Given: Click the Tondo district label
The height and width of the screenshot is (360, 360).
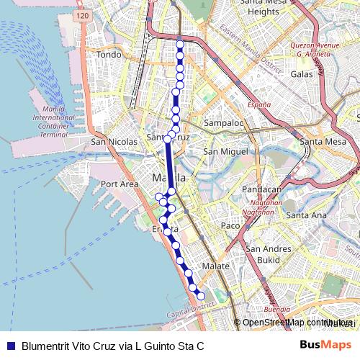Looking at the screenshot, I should (x=109, y=54).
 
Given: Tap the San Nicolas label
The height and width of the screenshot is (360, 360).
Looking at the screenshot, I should (x=114, y=143).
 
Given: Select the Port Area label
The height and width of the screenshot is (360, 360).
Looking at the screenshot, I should (x=119, y=184).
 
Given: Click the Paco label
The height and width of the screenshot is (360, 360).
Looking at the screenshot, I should (x=230, y=226).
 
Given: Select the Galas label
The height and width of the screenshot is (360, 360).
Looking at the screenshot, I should (x=300, y=73).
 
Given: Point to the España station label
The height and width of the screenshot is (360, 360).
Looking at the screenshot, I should (x=259, y=105).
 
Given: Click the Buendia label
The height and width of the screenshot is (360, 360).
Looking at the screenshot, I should (x=276, y=309).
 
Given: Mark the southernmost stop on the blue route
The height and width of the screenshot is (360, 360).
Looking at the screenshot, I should (x=201, y=296).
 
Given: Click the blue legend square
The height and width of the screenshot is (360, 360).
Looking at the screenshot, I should (x=10, y=346).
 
